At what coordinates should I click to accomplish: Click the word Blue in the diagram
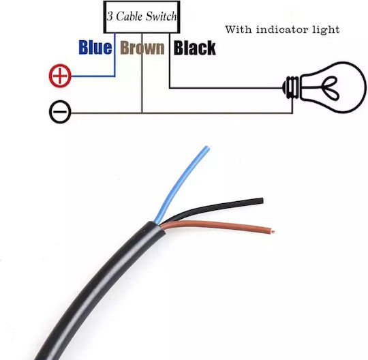click(x=95, y=47)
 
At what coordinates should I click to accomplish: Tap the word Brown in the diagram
click(x=142, y=48)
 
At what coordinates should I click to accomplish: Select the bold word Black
click(x=194, y=48)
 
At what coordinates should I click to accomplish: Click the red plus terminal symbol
click(x=60, y=76)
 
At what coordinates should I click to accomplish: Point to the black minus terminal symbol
click(x=60, y=112)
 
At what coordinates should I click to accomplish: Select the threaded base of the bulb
click(x=291, y=87)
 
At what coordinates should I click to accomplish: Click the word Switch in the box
click(x=162, y=16)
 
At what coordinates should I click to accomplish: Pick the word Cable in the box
click(x=129, y=16)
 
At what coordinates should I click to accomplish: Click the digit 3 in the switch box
click(x=110, y=17)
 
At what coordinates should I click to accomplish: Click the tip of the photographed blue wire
click(x=206, y=147)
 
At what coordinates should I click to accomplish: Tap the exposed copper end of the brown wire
click(x=273, y=231)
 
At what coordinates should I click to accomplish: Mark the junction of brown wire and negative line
click(x=142, y=113)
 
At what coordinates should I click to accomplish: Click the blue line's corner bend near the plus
click(x=114, y=76)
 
